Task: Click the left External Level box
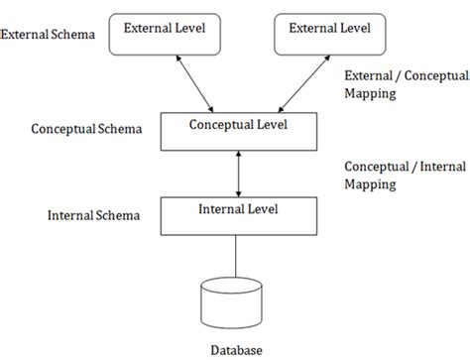click(x=165, y=35)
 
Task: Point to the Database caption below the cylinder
click(x=237, y=350)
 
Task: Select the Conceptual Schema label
click(x=86, y=129)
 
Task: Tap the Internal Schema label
click(x=93, y=214)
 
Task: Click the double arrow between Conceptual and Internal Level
click(x=237, y=175)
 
